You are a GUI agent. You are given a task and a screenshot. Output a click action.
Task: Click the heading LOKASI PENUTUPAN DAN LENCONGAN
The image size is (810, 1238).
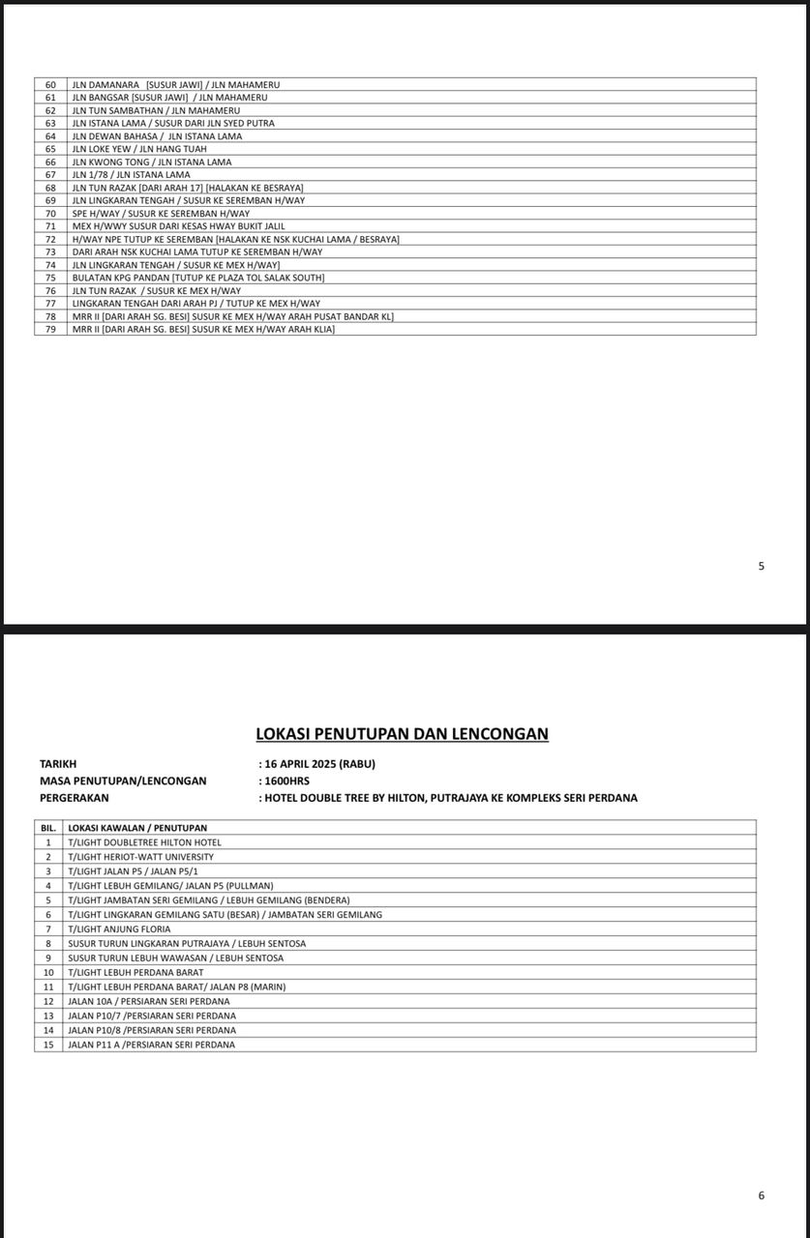coord(402,734)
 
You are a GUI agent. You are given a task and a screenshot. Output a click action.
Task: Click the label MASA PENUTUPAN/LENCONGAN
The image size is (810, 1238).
coord(123,781)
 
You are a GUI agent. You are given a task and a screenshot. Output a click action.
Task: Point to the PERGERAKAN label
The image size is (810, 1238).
coord(75,798)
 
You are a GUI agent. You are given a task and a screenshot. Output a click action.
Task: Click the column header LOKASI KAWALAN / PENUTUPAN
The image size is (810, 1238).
coord(137,828)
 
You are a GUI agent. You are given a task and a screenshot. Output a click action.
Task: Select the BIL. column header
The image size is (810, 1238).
coord(47,828)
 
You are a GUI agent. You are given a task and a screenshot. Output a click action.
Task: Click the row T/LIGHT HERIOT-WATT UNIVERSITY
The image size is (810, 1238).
coord(141,857)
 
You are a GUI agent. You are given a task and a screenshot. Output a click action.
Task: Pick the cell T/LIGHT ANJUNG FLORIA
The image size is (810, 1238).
coord(119,929)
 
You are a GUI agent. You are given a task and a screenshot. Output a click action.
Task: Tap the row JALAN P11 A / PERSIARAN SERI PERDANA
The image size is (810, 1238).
coord(151,1045)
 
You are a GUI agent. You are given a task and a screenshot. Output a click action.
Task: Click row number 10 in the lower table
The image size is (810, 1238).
coord(47,972)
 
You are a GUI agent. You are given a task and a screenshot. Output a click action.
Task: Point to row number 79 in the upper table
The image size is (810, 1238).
coord(51,329)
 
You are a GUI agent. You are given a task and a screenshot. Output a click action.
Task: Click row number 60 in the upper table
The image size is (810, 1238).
coord(51,85)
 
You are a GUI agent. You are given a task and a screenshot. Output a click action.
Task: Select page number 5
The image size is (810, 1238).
coord(762,566)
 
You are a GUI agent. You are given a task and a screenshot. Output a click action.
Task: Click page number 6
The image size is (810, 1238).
coord(762,1195)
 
